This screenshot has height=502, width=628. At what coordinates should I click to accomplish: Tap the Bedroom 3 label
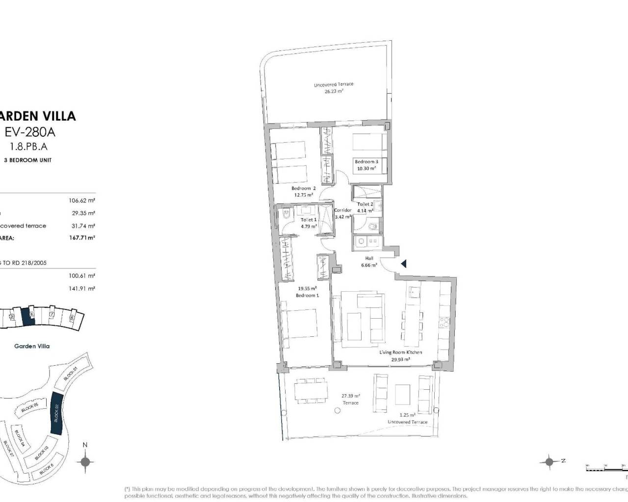366,165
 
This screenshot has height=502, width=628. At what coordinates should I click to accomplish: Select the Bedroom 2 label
303,191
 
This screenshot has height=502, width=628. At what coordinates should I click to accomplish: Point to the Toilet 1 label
309,223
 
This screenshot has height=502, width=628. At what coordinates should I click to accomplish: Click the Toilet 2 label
365,207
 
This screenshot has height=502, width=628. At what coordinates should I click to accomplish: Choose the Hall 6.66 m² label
369,261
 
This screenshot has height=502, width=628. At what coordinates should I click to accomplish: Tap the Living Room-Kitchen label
400,355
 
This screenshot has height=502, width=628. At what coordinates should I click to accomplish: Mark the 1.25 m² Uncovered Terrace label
407,418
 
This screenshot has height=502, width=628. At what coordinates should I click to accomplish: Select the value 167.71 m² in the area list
82,237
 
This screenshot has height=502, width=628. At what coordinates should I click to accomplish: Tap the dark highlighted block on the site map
56,413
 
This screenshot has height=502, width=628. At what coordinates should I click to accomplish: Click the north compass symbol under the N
85,461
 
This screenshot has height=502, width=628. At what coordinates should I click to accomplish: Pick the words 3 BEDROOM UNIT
27,160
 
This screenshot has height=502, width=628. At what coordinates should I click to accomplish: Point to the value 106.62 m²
82,200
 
